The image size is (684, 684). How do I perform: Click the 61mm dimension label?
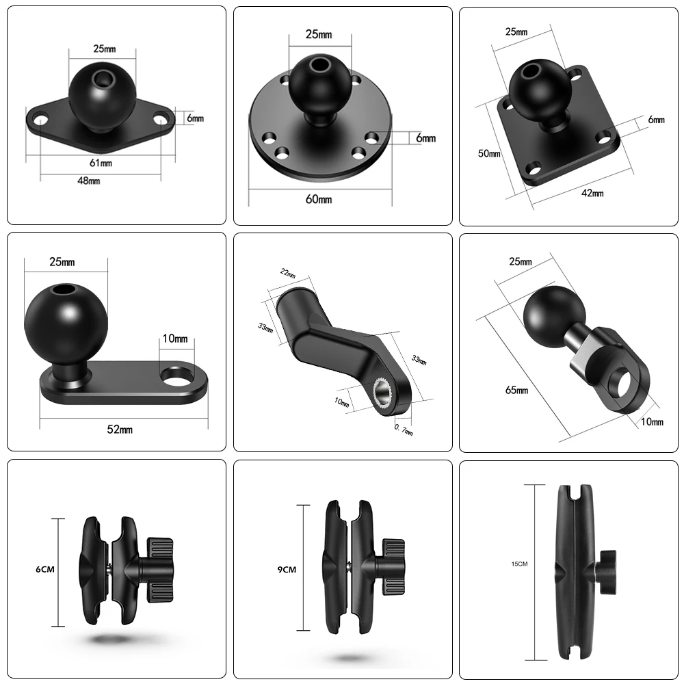[101, 163]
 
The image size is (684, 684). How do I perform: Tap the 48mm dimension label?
[90, 181]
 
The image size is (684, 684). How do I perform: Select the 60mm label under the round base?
[319, 199]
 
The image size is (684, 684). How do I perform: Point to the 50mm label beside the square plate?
[489, 154]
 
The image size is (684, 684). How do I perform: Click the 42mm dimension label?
[592, 193]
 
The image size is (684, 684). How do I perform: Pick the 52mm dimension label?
[121, 429]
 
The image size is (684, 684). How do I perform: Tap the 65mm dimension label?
[517, 390]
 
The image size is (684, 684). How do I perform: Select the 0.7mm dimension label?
[404, 429]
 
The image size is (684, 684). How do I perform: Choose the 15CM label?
[519, 564]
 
